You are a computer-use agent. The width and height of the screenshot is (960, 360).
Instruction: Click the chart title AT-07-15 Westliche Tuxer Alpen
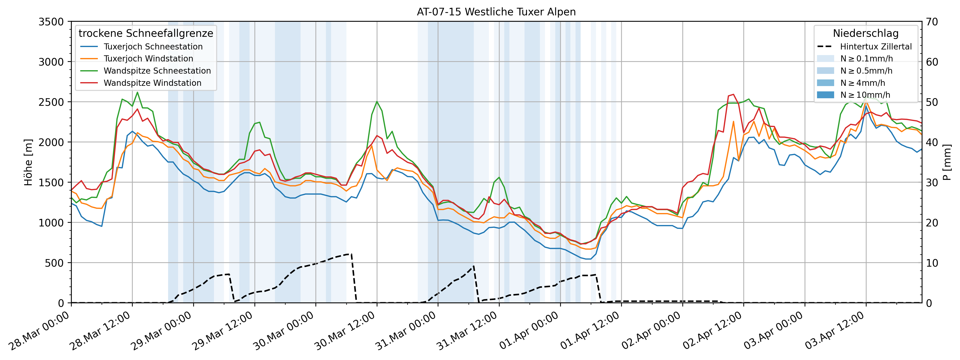point(496,12)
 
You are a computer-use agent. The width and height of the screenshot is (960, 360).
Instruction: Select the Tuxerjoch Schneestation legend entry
point(153,47)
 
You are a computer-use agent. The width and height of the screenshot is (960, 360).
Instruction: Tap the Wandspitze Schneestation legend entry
point(157,71)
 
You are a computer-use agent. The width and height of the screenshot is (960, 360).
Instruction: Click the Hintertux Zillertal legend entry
point(875,47)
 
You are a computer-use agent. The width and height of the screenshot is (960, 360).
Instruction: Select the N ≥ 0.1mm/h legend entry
point(866,58)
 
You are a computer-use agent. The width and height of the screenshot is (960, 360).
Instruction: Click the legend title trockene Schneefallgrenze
point(146,33)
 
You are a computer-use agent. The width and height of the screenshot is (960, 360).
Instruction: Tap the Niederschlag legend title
point(865,33)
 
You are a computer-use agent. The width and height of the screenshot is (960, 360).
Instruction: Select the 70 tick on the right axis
point(932,22)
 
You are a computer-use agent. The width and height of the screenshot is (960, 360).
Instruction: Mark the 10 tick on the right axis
point(932,263)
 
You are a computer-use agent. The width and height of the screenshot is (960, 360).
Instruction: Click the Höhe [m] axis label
point(28,162)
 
